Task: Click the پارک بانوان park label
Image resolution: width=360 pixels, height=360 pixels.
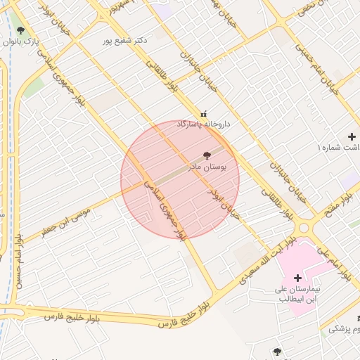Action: [x=21, y=42]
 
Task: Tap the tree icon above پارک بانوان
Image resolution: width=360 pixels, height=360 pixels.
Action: [x=20, y=30]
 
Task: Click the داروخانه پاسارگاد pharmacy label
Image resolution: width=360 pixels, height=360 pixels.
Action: [x=203, y=124]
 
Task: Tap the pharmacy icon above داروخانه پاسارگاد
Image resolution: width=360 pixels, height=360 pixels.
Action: [x=204, y=113]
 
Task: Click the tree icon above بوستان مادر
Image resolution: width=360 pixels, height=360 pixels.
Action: [x=207, y=155]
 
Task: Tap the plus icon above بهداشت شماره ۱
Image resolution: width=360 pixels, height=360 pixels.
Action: [x=352, y=136]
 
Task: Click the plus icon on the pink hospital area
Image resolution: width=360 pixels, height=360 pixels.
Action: [x=297, y=278]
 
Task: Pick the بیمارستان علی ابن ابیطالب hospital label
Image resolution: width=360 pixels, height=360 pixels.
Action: [x=297, y=294]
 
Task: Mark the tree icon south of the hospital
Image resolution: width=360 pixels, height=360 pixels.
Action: [x=277, y=351]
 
